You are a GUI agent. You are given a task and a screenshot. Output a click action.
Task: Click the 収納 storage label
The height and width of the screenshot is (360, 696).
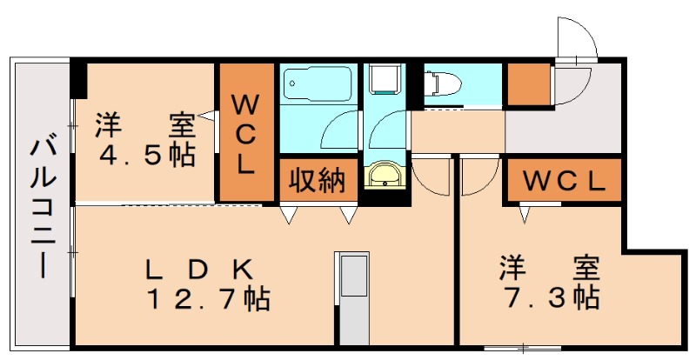point(318,181)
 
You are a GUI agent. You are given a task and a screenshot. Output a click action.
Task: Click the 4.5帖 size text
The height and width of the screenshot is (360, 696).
point(145,157)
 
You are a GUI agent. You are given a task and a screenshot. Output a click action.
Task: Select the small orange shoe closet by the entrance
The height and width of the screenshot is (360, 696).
point(527,84)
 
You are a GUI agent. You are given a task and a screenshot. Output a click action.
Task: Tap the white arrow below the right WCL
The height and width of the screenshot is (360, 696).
point(525,210)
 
